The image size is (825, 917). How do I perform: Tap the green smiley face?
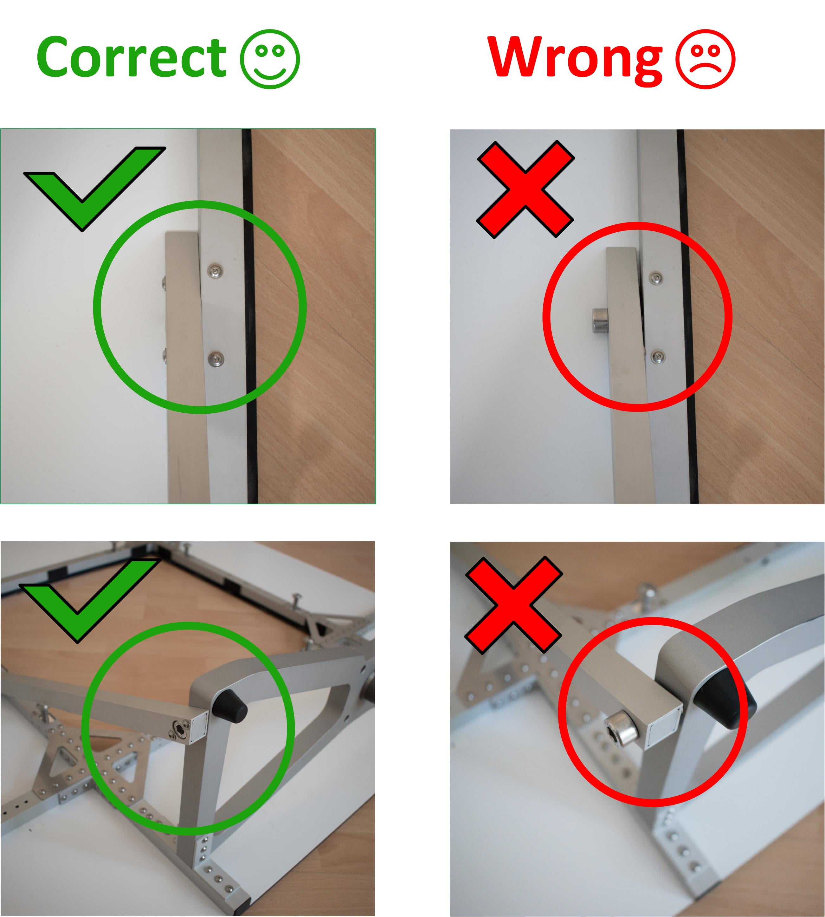coord(270,59)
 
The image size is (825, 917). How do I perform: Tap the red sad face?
coord(705,59)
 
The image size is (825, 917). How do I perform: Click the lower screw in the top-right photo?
coord(656,356)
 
